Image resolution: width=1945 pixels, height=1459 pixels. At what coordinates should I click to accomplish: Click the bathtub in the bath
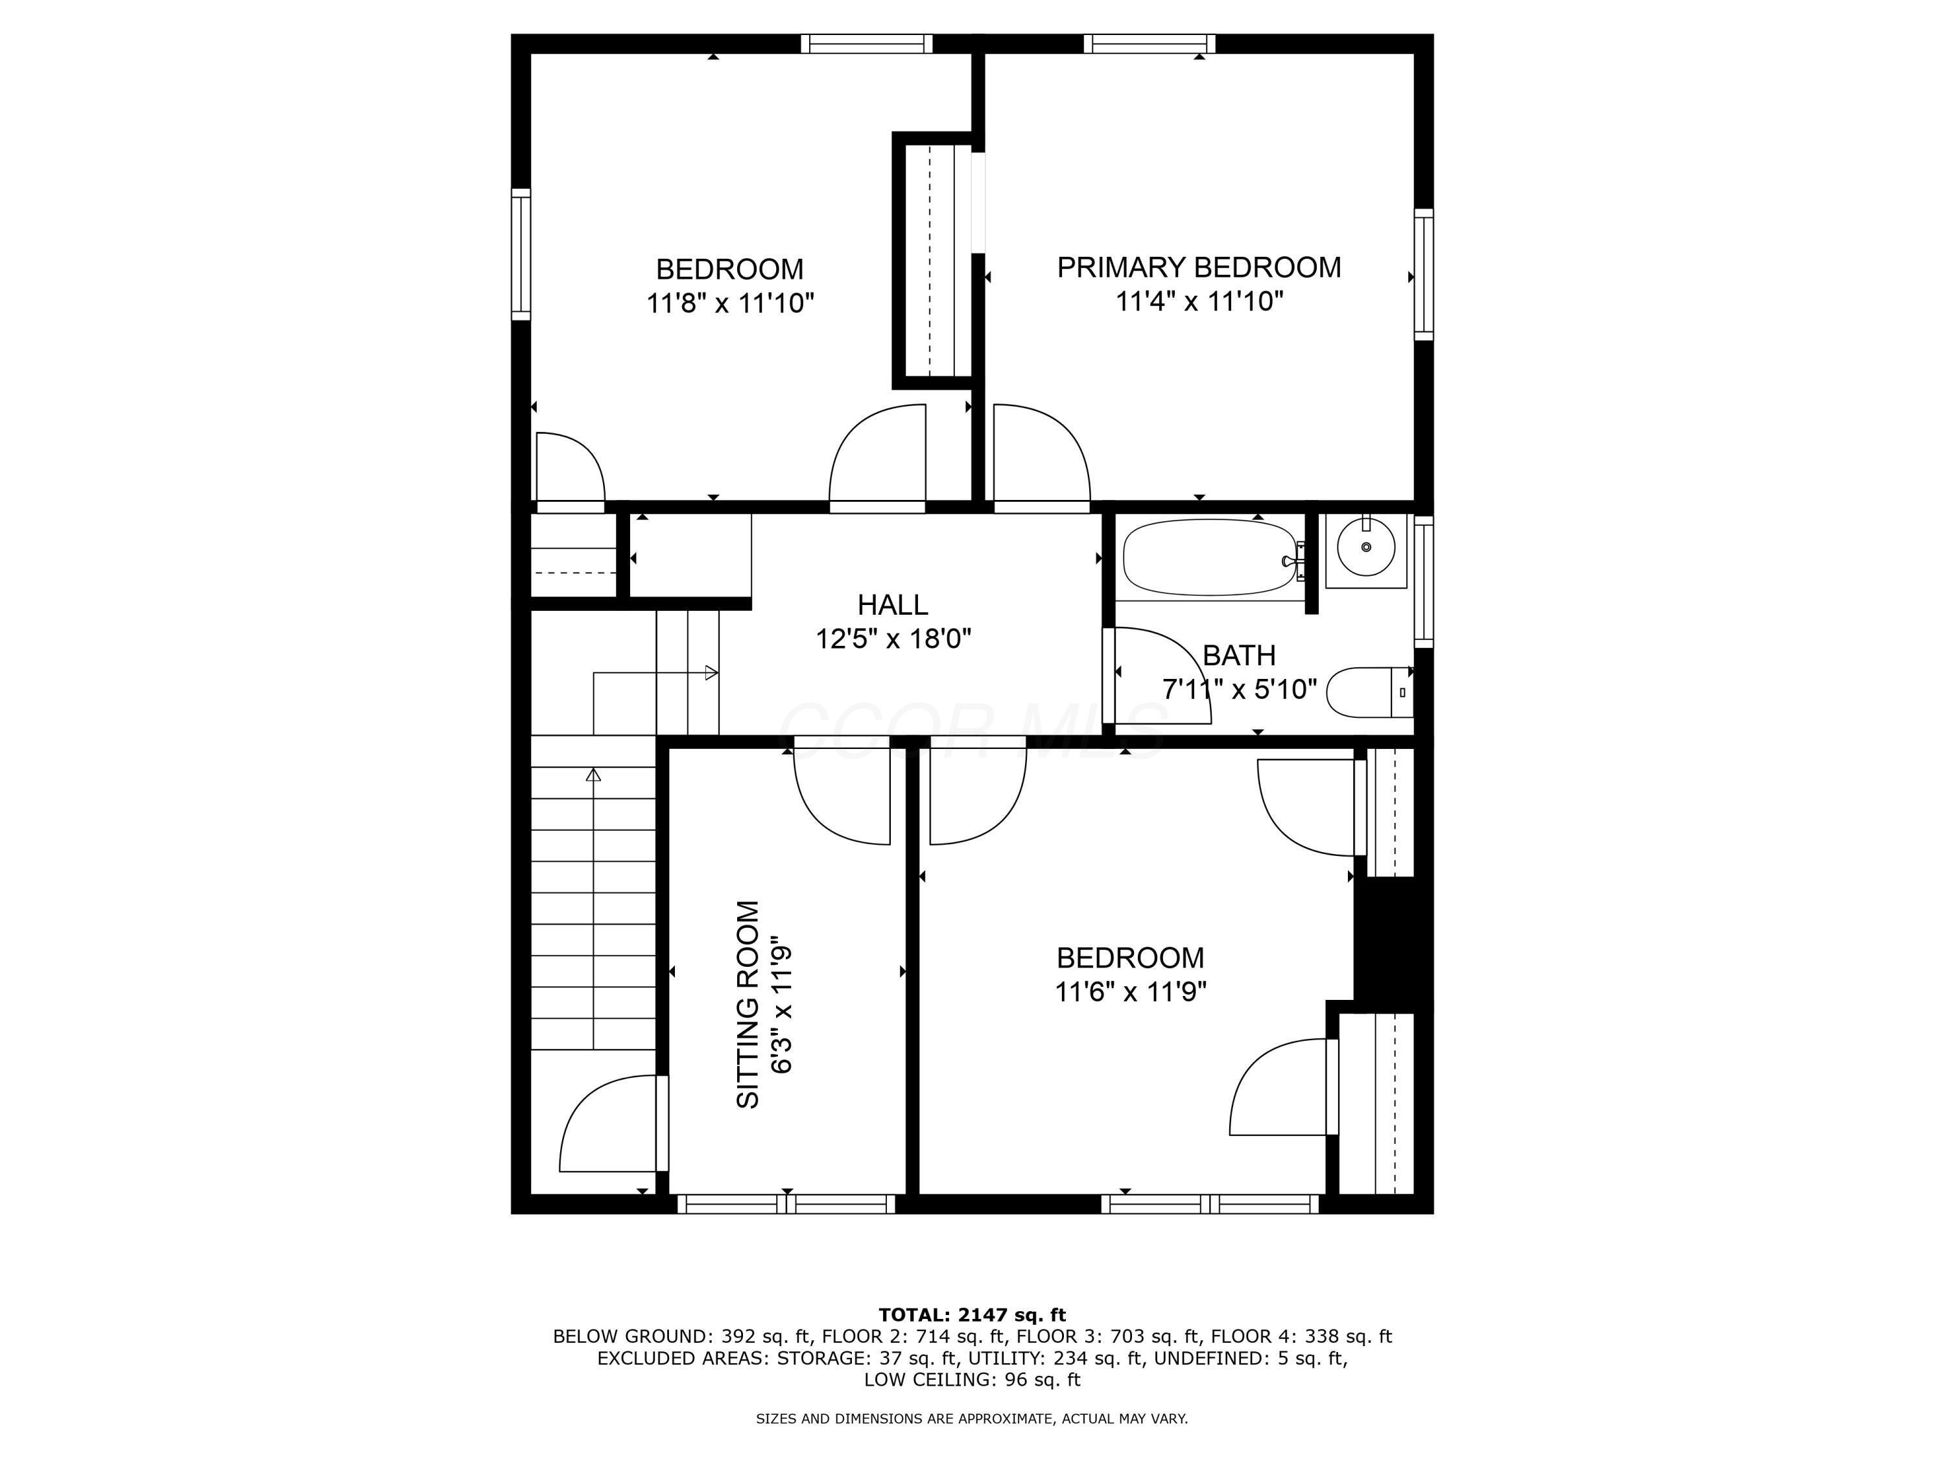point(1210,558)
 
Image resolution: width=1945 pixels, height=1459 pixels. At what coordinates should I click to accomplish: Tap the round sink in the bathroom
point(1365,547)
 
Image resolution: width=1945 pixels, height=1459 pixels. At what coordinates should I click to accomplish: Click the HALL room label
point(893,605)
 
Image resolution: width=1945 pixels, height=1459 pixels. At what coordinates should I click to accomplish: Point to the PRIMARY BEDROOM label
point(1199,267)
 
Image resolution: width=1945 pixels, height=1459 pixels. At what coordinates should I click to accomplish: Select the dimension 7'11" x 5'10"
point(1239,689)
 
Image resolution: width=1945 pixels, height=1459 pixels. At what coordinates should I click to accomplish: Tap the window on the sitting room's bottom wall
point(786,1204)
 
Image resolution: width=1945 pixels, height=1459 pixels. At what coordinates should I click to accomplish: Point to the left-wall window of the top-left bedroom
point(521,254)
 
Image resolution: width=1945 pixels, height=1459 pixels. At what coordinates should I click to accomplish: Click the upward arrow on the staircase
point(593,775)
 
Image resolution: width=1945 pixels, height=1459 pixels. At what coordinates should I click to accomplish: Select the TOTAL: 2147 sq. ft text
point(972,1315)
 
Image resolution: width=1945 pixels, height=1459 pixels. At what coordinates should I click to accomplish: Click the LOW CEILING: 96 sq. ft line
point(972,1379)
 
